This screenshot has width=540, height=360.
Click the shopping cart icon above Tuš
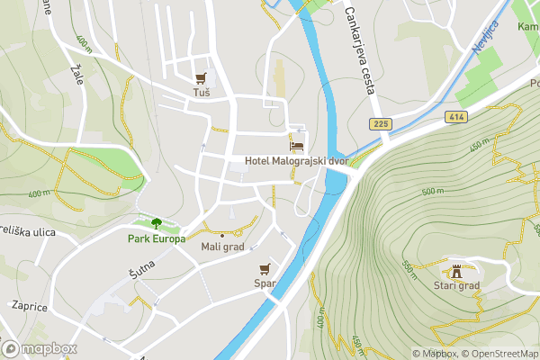coord(202,78)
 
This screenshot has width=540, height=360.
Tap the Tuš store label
coord(202,93)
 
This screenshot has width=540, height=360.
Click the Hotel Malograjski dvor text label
coord(296,161)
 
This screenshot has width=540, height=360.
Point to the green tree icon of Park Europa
coord(157,223)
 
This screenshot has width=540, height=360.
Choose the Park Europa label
coord(156,238)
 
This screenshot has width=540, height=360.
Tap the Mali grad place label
coord(222,247)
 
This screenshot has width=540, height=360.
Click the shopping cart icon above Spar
coord(265,268)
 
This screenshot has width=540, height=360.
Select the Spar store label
coord(265,283)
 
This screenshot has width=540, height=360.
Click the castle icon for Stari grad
coord(456,271)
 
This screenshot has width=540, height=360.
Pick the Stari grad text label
coord(456,286)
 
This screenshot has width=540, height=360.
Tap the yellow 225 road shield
coord(379,122)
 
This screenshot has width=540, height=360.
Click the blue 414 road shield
coord(454,116)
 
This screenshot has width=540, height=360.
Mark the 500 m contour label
coord(434,191)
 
